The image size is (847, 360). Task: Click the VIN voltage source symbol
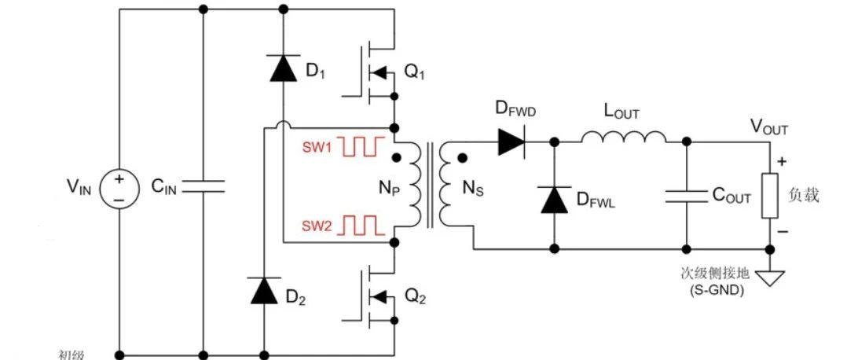119,189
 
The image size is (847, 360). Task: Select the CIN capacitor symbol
203,186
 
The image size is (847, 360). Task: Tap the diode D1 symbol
282,68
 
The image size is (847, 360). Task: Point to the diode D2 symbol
263,290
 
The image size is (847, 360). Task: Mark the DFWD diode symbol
511,141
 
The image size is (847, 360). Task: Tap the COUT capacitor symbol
687,196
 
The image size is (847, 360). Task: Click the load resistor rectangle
771,194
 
